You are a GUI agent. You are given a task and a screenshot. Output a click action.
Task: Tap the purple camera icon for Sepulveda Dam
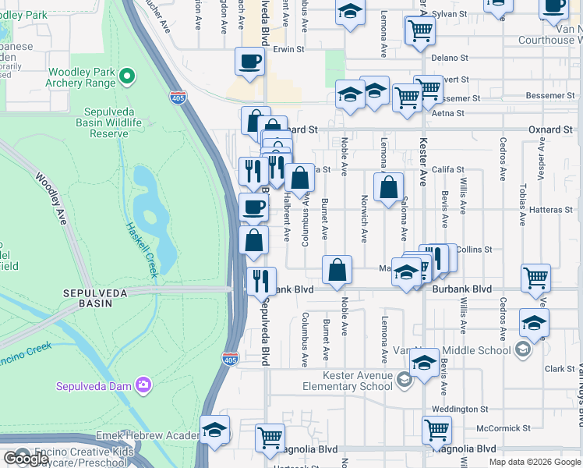(x=143, y=384)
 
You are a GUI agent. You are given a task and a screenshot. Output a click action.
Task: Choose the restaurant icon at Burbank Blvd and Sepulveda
(x=261, y=280)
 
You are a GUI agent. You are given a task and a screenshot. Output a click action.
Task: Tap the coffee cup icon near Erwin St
(x=249, y=61)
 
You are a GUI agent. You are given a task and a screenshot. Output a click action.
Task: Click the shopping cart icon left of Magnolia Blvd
(x=269, y=438)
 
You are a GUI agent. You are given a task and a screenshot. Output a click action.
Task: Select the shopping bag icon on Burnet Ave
(x=337, y=270)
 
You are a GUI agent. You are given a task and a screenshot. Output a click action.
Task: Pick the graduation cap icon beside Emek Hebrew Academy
(x=214, y=430)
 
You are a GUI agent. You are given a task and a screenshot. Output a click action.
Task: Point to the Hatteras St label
(x=550, y=209)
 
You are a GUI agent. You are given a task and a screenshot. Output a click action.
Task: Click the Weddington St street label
(x=460, y=409)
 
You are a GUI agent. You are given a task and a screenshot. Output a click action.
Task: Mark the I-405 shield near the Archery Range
(x=178, y=96)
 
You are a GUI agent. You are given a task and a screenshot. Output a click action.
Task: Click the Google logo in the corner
(x=26, y=459)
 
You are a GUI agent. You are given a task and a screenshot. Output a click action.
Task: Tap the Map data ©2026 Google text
(x=534, y=462)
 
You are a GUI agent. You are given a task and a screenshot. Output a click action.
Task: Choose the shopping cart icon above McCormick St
(x=436, y=428)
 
